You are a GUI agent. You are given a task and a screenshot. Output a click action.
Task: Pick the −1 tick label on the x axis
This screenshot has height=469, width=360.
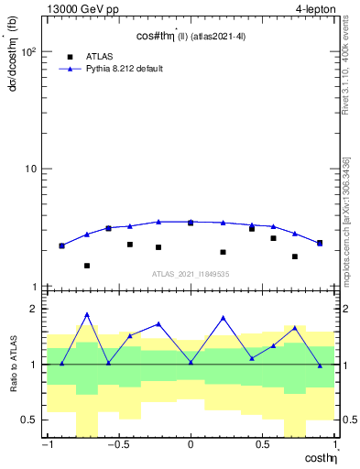(x=47, y=446)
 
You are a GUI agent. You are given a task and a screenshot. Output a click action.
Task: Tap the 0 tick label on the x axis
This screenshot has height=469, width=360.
(x=191, y=446)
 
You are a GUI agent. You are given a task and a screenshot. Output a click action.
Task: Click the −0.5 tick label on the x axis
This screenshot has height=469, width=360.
(x=116, y=446)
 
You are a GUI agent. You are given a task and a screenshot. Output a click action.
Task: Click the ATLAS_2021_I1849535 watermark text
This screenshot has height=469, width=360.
(x=191, y=274)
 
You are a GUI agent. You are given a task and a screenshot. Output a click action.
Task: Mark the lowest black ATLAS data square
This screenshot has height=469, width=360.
(x=87, y=266)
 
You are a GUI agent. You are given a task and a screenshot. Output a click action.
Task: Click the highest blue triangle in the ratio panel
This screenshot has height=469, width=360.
(x=87, y=314)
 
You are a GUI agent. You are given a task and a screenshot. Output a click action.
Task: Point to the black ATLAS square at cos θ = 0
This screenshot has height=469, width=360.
(x=191, y=223)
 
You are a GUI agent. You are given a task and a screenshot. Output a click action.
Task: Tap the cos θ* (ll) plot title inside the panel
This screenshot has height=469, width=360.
(x=191, y=37)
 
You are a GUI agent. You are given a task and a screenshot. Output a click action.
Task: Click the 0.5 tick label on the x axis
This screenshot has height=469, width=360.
(x=263, y=446)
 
